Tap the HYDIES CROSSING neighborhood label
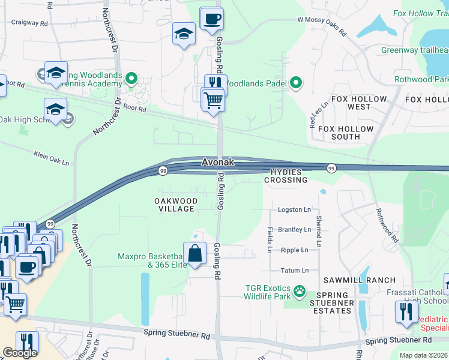pyautogui.click(x=287, y=176)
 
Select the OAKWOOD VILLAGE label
pyautogui.click(x=175, y=205)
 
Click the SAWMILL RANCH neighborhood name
pyautogui.click(x=360, y=280)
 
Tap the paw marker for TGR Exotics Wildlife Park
pyautogui.click(x=300, y=292)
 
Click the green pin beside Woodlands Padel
pyautogui.click(x=296, y=83)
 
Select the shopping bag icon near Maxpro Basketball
pyautogui.click(x=195, y=254)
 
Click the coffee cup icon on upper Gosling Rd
pyautogui.click(x=211, y=20)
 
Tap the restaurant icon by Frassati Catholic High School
pyautogui.click(x=406, y=311)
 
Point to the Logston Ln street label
pyautogui.click(x=294, y=209)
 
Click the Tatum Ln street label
pyautogui.click(x=295, y=271)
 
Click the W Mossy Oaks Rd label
pyautogui.click(x=322, y=26)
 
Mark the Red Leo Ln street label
pyautogui.click(x=319, y=115)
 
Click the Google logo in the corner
pyautogui.click(x=20, y=353)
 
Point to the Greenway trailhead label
pyautogui.click(x=418, y=50)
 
